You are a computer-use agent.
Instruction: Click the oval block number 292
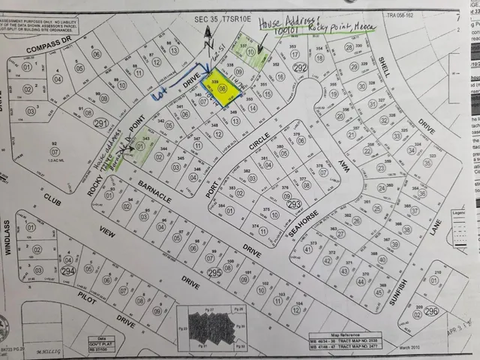tap(300, 67)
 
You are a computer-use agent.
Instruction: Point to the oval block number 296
tap(430, 310)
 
